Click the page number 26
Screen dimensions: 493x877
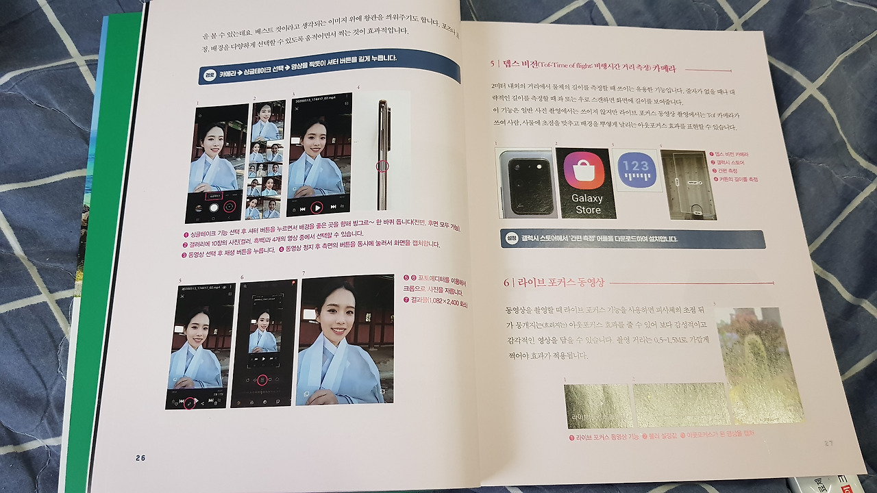(x=140, y=458)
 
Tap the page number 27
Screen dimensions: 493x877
(x=828, y=443)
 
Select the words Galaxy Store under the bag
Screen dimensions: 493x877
(x=586, y=204)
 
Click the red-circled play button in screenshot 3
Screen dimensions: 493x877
(x=317, y=207)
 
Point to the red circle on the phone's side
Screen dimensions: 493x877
(x=382, y=166)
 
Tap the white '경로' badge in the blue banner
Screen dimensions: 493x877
(x=210, y=75)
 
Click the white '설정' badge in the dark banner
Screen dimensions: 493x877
(x=511, y=238)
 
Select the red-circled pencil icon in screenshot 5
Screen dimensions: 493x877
(x=190, y=403)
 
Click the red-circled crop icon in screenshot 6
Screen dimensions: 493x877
(x=262, y=380)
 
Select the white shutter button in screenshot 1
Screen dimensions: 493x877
(x=213, y=206)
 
